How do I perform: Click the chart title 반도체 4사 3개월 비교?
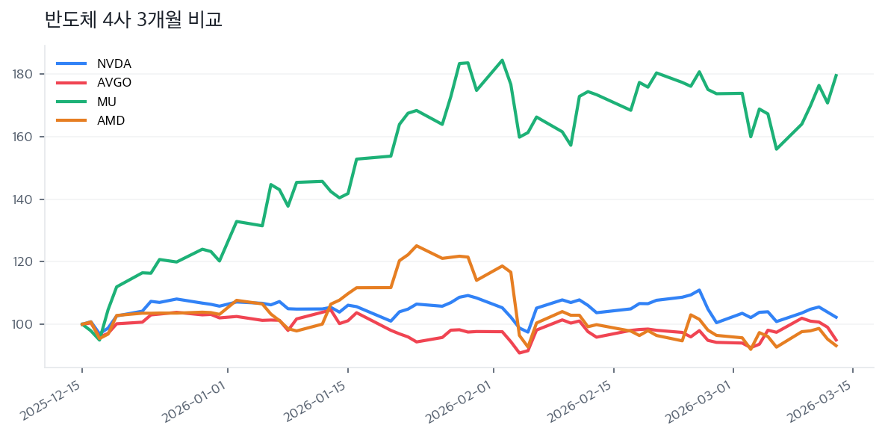[x=134, y=20]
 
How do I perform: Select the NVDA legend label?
[x=114, y=63]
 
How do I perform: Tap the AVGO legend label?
[x=114, y=82]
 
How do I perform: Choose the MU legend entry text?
[x=107, y=102]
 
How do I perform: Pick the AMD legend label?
[x=111, y=120]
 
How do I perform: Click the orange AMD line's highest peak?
[x=417, y=246]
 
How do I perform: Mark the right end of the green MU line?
[x=836, y=75]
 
